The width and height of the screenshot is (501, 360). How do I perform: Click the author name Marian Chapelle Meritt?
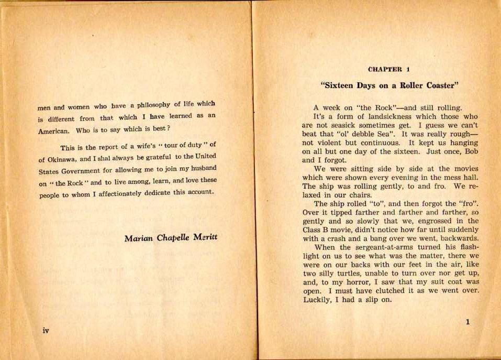pyautogui.click(x=171, y=238)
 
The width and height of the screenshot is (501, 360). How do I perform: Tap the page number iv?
pyautogui.click(x=46, y=331)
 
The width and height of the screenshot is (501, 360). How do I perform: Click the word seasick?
pyautogui.click(x=350, y=125)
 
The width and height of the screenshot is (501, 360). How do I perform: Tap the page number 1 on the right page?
pyautogui.click(x=467, y=322)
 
